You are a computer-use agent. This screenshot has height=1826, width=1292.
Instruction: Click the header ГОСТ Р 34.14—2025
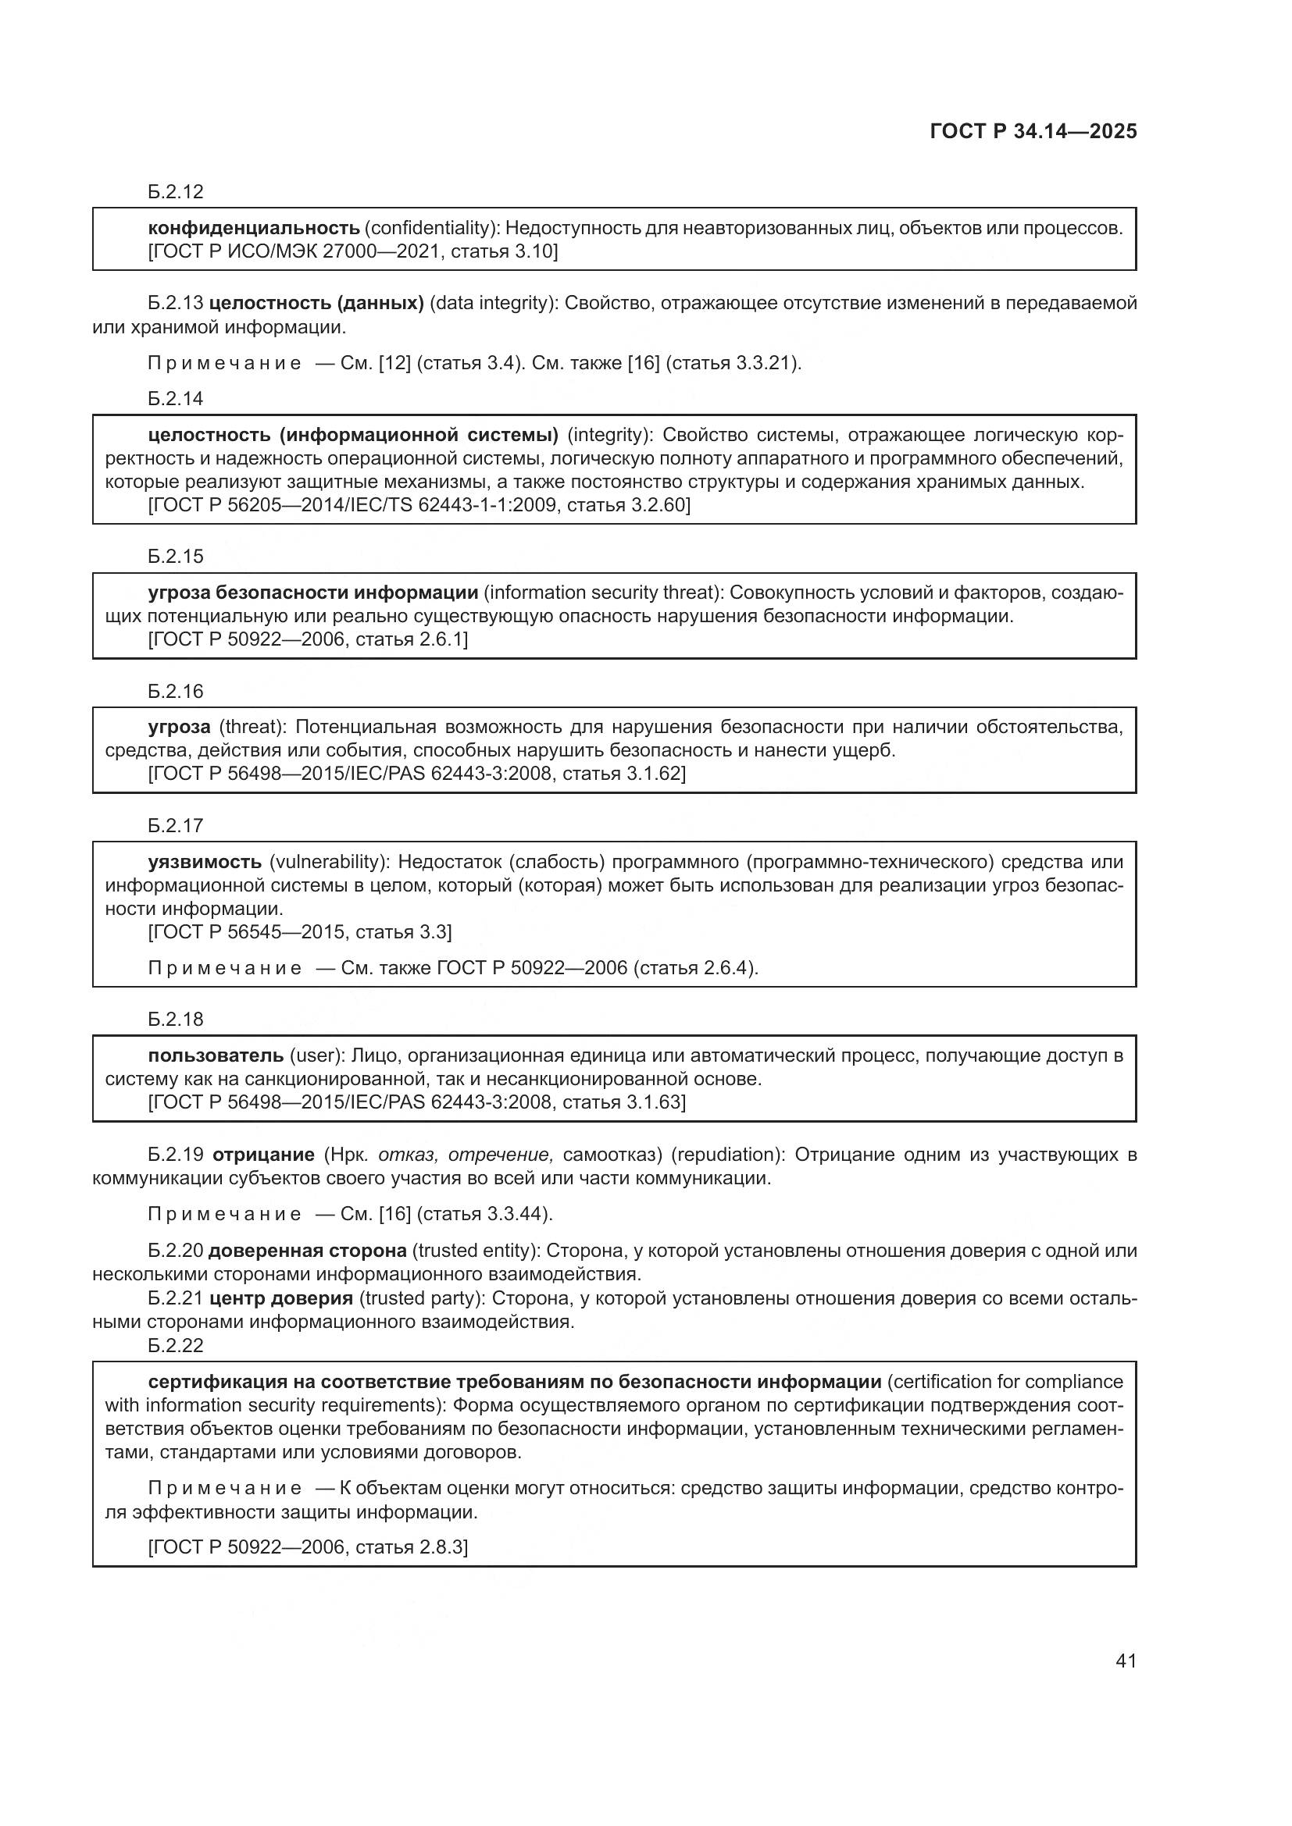point(1033,131)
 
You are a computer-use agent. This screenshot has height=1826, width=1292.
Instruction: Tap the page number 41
point(1126,1660)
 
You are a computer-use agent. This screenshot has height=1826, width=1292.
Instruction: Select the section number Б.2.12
point(176,192)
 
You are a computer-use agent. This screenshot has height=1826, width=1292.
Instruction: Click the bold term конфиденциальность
point(254,228)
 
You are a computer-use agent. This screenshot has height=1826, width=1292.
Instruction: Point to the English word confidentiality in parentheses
point(431,228)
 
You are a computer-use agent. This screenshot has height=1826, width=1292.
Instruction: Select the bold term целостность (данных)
point(316,303)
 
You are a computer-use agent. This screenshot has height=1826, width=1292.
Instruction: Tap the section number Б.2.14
point(176,398)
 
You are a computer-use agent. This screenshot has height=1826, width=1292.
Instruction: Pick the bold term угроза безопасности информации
point(312,593)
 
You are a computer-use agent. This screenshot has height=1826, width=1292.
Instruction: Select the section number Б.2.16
point(176,691)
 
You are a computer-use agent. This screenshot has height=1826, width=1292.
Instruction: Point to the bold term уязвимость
point(205,861)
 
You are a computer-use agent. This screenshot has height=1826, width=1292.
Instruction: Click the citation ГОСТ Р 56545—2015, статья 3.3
point(301,932)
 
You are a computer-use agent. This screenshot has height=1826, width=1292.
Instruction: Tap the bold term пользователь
point(216,1055)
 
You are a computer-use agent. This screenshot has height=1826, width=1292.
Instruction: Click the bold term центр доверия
point(281,1299)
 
